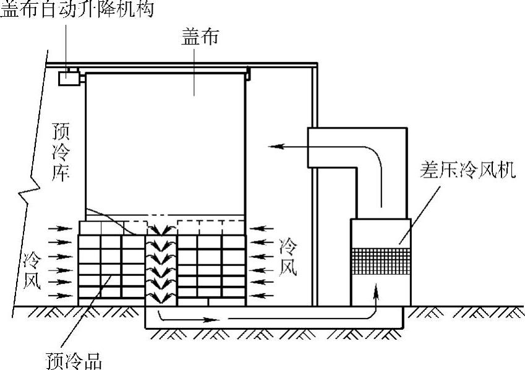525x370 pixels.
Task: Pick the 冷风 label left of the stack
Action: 32,269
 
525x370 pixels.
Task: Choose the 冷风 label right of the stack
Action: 289,257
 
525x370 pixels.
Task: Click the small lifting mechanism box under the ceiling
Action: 67,78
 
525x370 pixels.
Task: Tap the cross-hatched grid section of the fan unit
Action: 380,260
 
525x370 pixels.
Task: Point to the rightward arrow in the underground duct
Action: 204,319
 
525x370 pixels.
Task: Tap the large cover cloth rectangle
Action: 165,142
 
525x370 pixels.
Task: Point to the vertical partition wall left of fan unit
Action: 315,235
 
